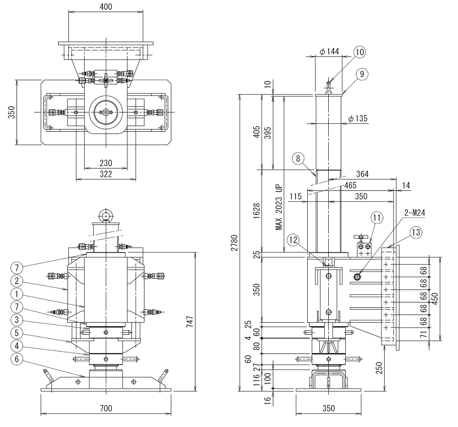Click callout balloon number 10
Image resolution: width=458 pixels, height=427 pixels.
pos(360,52)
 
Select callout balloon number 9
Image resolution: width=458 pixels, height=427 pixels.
pos(362,74)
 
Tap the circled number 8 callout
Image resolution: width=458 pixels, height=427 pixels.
pos(298,159)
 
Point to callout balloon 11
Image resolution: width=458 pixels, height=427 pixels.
pos(377,218)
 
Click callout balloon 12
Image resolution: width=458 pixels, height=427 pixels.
pos(293,240)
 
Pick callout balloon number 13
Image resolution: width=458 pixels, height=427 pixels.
pos(416,233)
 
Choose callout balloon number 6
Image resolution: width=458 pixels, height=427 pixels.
pos(17,359)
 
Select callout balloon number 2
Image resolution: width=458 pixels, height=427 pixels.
pos(17,281)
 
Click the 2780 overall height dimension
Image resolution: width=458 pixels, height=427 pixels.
pos(234,242)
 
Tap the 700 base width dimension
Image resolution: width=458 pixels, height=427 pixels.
pos(106,408)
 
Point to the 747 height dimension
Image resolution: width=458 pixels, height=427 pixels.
pos(190,321)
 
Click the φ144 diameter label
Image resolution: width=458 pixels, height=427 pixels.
pos(329,52)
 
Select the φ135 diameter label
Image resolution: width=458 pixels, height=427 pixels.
pos(358,118)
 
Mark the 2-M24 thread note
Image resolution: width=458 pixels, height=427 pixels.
pos(415,212)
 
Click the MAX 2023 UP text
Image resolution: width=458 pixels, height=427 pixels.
pos(279,207)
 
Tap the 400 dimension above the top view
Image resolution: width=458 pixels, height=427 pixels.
pos(106,7)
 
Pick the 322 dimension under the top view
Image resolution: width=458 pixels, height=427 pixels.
pos(106,174)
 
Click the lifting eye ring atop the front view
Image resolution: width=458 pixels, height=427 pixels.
pos(105,216)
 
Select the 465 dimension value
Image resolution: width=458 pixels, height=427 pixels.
pos(350,185)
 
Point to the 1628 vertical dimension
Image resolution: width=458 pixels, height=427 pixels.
pos(256,211)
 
